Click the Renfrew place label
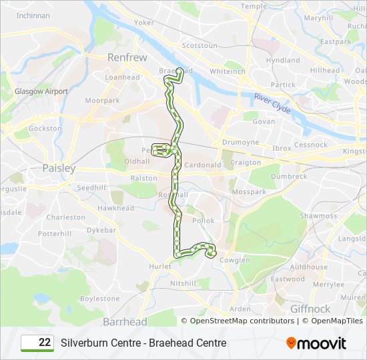(x=127, y=58)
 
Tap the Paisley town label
(x=59, y=169)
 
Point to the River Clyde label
(x=272, y=103)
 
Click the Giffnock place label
(x=310, y=309)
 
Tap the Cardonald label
(x=204, y=165)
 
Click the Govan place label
(x=264, y=122)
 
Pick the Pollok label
(x=204, y=221)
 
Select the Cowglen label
(x=234, y=261)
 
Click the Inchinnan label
(x=33, y=15)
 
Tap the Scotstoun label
(x=200, y=46)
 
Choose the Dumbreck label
(x=289, y=177)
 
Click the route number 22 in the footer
(x=45, y=343)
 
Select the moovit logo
(x=316, y=343)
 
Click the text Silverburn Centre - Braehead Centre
(x=143, y=343)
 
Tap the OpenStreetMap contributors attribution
(x=242, y=321)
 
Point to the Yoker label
(x=143, y=22)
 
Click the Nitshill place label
(x=183, y=283)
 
